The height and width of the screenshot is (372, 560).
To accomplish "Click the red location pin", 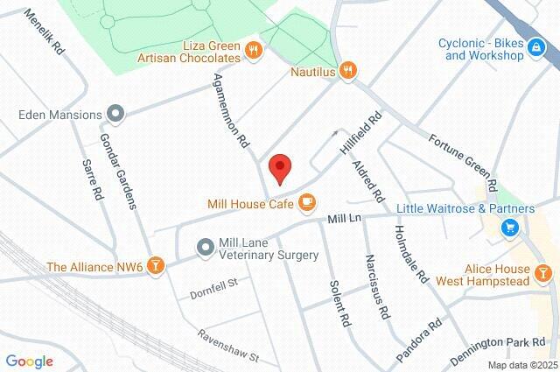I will point(279,166).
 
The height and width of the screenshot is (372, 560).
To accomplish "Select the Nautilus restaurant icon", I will point(348,71).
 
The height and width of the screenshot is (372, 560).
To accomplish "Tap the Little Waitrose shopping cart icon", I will point(509,228).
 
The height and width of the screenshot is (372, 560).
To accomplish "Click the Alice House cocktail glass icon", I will point(544,274).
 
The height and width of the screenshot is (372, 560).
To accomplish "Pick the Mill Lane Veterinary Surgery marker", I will point(204,248).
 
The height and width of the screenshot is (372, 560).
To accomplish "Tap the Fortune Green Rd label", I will point(463,163).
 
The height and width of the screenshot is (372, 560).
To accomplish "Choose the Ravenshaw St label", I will point(228,347).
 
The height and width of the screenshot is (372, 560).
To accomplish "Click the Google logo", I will point(29,361).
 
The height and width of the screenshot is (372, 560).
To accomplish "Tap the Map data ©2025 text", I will point(522,365).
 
